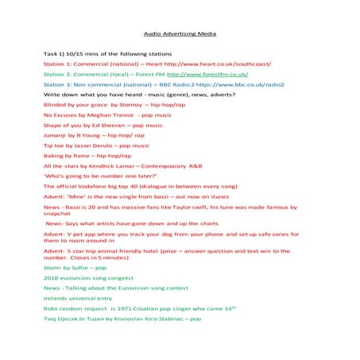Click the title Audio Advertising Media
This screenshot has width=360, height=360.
180,34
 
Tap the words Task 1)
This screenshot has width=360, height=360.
55,52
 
